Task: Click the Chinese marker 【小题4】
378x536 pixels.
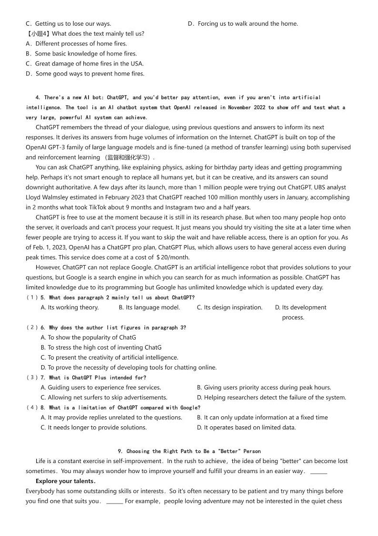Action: [x=38, y=34]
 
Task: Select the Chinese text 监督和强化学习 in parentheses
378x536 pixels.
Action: [x=129, y=157]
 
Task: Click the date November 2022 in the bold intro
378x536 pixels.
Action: [x=246, y=108]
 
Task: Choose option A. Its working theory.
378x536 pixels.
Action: [x=70, y=308]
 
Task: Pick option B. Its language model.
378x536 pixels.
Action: [x=149, y=308]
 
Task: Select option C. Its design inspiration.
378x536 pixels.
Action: [x=229, y=308]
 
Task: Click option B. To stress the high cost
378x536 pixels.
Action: [x=101, y=348]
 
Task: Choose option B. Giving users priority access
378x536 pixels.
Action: [x=264, y=388]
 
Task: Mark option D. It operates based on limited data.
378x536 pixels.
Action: [x=246, y=428]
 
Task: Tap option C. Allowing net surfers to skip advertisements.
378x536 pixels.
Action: [x=104, y=398]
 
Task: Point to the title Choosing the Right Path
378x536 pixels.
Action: [x=189, y=451]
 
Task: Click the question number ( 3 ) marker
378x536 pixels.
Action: [x=32, y=378]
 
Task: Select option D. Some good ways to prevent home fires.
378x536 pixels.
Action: [x=85, y=74]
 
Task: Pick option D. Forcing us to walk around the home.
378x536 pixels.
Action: [x=243, y=24]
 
